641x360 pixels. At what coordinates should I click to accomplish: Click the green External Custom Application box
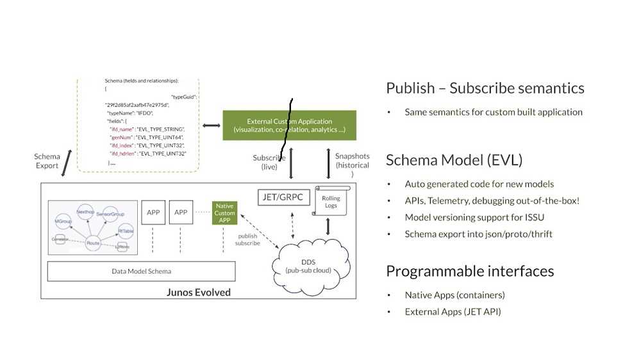point(289,126)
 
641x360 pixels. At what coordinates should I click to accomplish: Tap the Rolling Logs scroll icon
point(331,200)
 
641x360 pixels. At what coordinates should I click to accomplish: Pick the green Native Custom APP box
point(225,213)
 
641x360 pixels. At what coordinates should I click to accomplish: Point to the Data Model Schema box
point(141,271)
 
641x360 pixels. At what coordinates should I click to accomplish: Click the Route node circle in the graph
point(94,244)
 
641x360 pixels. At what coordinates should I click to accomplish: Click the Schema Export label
point(47,161)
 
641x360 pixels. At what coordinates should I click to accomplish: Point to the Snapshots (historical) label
point(352,165)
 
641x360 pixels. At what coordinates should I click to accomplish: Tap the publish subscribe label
point(247,239)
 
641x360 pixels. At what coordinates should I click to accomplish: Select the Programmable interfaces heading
point(469,271)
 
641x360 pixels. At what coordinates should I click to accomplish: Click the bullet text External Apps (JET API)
point(452,312)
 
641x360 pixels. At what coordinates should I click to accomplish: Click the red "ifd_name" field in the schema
point(121,129)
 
